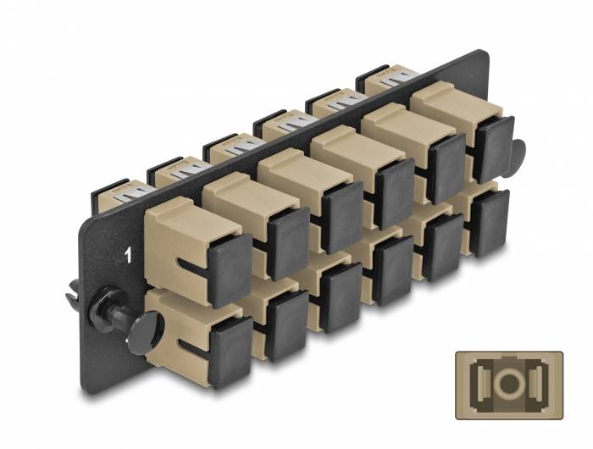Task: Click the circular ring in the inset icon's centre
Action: point(509,381)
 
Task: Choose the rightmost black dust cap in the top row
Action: point(493,150)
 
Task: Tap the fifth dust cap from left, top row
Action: point(446,169)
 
